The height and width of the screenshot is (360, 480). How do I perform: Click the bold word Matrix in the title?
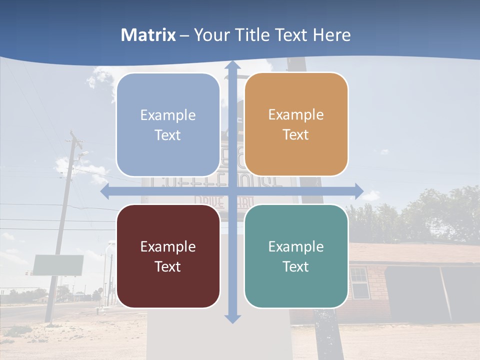148,35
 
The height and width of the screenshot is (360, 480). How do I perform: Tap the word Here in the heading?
331,35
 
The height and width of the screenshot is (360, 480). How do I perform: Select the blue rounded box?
168,124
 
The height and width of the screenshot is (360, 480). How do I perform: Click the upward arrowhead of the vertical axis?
232,65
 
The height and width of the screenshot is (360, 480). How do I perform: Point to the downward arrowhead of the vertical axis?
232,318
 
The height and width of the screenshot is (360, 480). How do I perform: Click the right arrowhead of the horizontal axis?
358,191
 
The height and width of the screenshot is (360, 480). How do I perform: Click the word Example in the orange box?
296,115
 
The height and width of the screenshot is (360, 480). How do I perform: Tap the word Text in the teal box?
296,266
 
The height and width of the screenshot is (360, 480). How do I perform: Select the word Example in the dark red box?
168,246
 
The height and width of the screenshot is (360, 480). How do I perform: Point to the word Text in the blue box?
168,135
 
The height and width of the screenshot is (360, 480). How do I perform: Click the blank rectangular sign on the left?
58,265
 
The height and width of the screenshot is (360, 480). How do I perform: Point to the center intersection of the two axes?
232,191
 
